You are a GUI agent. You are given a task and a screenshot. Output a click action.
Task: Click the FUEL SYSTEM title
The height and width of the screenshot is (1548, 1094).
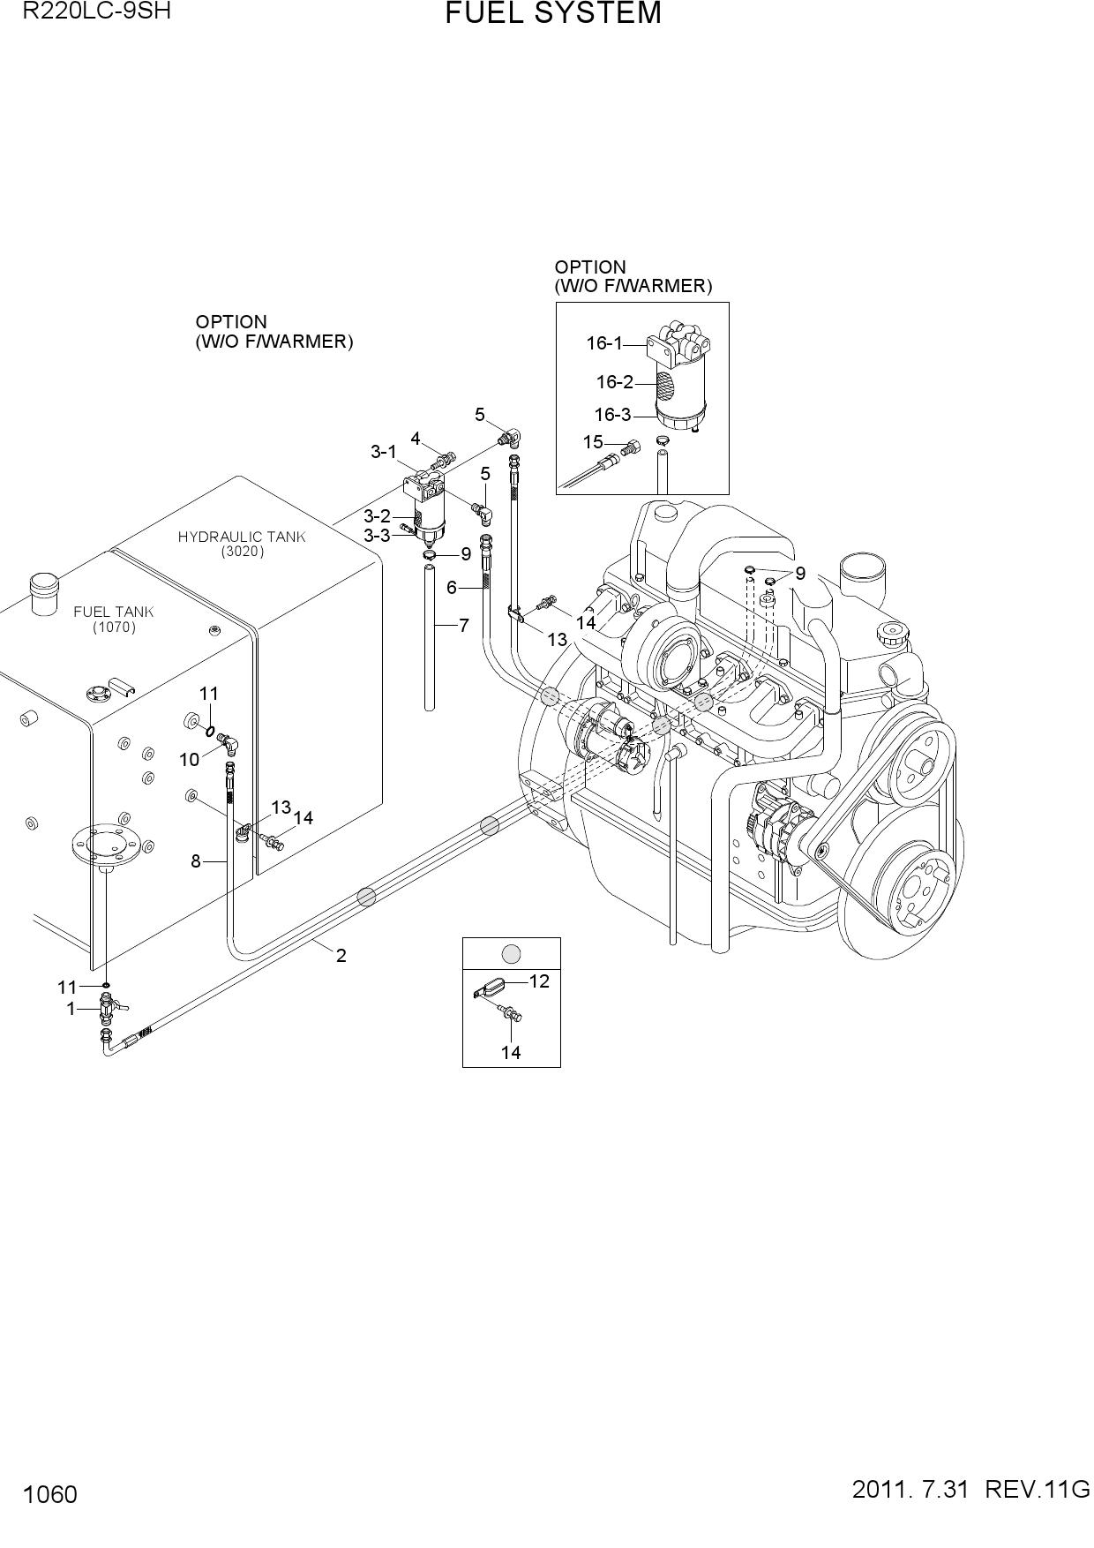[x=553, y=14]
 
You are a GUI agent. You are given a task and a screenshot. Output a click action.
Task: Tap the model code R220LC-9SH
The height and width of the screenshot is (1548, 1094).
[x=97, y=11]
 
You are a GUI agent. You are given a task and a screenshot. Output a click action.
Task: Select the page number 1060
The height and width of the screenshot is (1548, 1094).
[x=51, y=1494]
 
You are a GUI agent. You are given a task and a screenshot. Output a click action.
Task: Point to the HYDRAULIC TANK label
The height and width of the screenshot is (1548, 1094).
[x=242, y=537]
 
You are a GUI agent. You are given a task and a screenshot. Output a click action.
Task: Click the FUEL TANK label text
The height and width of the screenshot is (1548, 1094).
[x=114, y=611]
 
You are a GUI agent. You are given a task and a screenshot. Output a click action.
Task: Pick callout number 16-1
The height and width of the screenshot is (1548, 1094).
[x=604, y=343]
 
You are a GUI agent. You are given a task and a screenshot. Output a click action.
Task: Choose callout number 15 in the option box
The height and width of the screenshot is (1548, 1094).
[x=593, y=441]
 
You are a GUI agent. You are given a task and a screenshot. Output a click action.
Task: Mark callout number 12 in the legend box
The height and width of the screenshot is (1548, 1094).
[x=539, y=981]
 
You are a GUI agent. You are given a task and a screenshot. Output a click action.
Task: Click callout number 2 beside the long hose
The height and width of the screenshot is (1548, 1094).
[x=341, y=954]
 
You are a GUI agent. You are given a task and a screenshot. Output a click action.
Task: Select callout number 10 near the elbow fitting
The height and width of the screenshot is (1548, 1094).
[x=190, y=759]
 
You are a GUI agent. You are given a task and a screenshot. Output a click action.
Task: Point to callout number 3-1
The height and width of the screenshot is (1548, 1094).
[x=384, y=452]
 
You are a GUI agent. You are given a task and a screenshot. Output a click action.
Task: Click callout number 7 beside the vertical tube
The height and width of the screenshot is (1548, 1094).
[x=464, y=625]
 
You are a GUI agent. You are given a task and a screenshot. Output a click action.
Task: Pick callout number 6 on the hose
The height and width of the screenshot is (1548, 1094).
[x=452, y=587]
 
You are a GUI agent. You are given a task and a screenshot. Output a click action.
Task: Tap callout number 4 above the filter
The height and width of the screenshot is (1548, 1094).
[x=416, y=439]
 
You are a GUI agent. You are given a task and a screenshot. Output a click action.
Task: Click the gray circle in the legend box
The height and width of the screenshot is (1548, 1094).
[x=511, y=954]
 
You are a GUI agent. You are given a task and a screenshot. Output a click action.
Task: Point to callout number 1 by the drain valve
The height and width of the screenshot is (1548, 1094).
[x=71, y=1008]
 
